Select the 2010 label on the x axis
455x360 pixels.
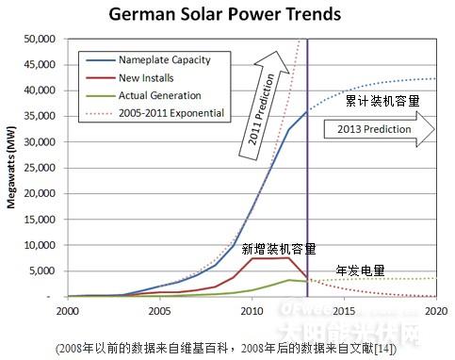pyautogui.click(x=252, y=310)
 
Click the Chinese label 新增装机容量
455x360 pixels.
pyautogui.click(x=278, y=249)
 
